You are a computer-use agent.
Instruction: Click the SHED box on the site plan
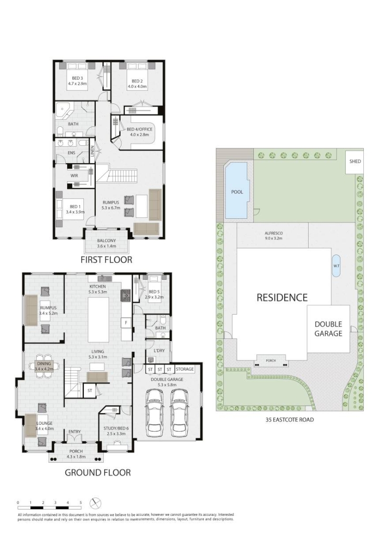(x=354, y=161)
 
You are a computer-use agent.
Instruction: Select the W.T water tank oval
(x=336, y=265)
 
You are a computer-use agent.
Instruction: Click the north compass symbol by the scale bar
(x=95, y=503)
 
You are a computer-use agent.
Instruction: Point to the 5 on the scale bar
(x=80, y=502)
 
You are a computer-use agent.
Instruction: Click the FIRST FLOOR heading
(x=106, y=259)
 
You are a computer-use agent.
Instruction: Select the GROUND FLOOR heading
(x=98, y=472)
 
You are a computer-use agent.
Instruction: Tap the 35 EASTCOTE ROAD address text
(x=290, y=419)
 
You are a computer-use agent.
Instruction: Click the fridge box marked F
(x=126, y=323)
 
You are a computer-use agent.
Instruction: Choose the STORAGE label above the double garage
(x=185, y=369)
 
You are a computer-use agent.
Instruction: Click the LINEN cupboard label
(x=92, y=151)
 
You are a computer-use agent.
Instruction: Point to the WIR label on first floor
(x=74, y=176)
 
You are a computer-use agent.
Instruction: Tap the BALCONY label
(x=106, y=241)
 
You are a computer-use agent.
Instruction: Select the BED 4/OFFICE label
(x=140, y=130)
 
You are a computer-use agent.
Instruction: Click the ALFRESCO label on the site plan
(x=274, y=233)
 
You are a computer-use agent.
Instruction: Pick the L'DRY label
(x=159, y=351)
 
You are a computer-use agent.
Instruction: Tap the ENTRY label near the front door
(x=75, y=431)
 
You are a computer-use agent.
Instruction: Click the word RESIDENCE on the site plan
(x=282, y=297)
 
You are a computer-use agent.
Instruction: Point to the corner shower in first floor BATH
(x=64, y=110)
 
